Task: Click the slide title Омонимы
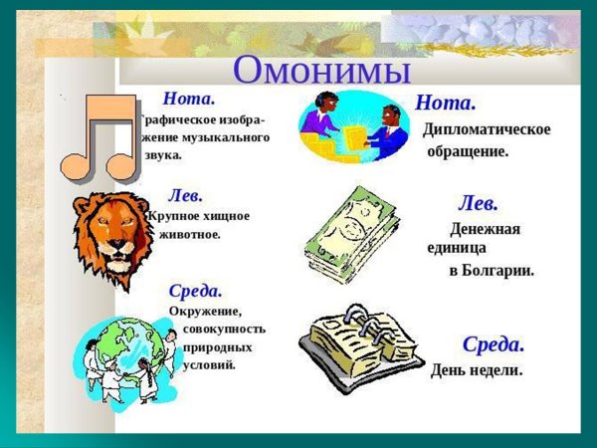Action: (x=321, y=71)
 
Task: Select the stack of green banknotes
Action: (x=350, y=236)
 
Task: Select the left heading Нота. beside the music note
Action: (x=189, y=99)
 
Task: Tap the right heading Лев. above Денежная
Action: (x=478, y=204)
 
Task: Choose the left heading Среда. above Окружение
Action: (x=195, y=292)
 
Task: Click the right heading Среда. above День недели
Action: (x=493, y=344)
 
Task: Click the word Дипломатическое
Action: (x=487, y=129)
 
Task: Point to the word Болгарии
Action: (x=499, y=270)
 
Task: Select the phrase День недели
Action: (x=477, y=370)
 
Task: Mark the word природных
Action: (x=217, y=347)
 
